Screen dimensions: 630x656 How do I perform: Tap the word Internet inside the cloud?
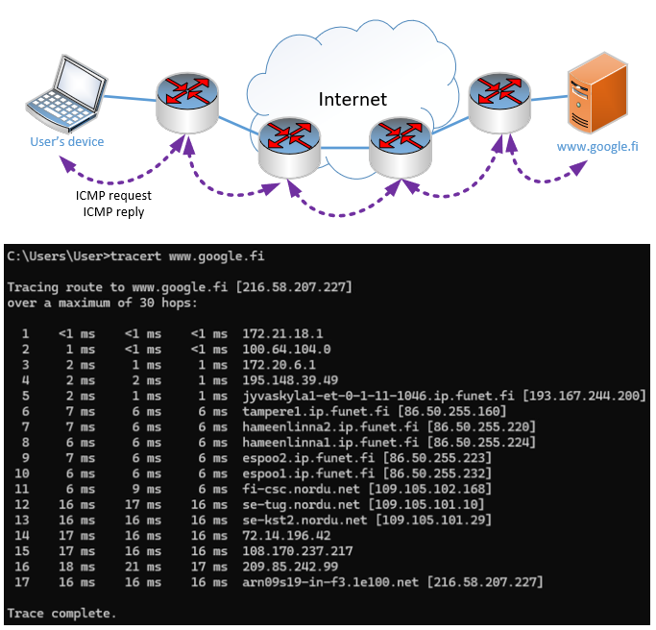click(352, 99)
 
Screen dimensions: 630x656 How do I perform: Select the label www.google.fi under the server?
click(597, 147)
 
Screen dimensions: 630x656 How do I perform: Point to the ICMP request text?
click(113, 196)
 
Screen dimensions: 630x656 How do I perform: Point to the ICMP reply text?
click(113, 211)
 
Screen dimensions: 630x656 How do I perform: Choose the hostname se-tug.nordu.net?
click(288, 504)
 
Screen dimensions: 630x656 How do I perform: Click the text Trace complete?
click(61, 613)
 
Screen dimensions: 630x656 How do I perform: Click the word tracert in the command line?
click(136, 255)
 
